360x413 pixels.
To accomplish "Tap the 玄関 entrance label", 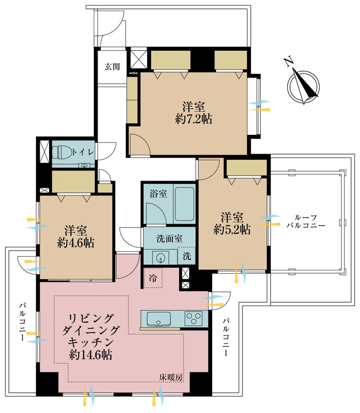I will tap(112, 67).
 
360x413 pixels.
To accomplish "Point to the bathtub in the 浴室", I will tap(184, 203).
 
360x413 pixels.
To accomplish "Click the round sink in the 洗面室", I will tap(162, 257).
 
